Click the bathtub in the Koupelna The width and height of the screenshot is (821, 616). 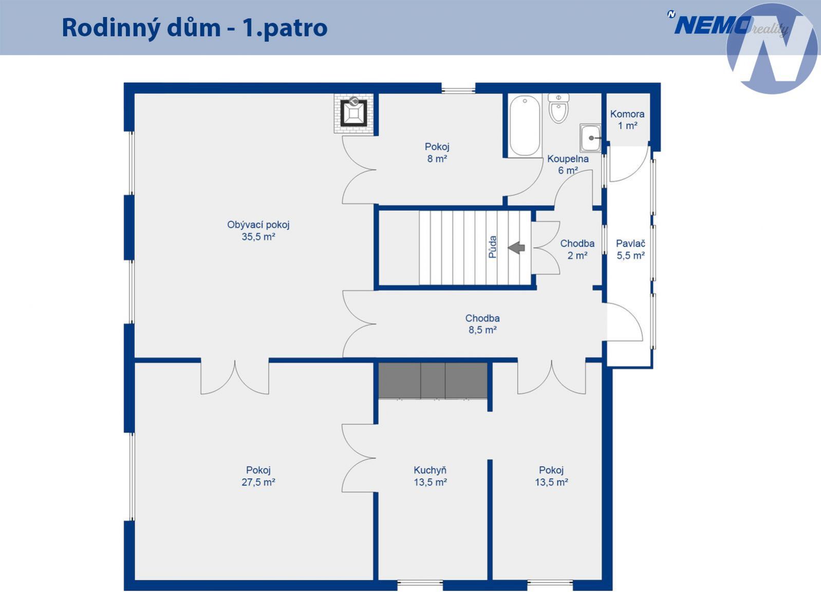[x=525, y=126]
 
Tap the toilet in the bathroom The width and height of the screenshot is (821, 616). [x=558, y=108]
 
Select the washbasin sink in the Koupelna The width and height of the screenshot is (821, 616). [x=590, y=138]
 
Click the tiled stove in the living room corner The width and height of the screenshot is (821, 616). [x=354, y=114]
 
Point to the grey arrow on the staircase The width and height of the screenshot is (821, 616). [x=516, y=247]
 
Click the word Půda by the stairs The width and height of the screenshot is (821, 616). [x=493, y=247]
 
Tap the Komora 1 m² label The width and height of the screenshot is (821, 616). [x=627, y=120]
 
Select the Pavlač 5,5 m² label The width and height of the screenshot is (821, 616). [x=630, y=250]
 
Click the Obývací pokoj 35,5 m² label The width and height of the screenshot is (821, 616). [x=258, y=230]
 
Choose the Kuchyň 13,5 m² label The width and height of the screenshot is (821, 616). [x=430, y=476]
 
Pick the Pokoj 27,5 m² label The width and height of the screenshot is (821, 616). [x=258, y=476]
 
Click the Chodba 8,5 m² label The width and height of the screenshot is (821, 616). [x=482, y=324]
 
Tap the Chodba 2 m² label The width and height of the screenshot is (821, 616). [x=577, y=250]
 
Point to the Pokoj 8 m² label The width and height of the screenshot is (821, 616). [x=437, y=153]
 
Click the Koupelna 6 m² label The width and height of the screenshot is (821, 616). [x=568, y=164]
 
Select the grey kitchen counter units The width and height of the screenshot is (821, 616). [x=433, y=380]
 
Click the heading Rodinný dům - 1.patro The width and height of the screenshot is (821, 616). [x=195, y=28]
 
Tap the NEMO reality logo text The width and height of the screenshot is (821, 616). [x=727, y=26]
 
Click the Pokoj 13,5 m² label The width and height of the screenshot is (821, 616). [x=551, y=476]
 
